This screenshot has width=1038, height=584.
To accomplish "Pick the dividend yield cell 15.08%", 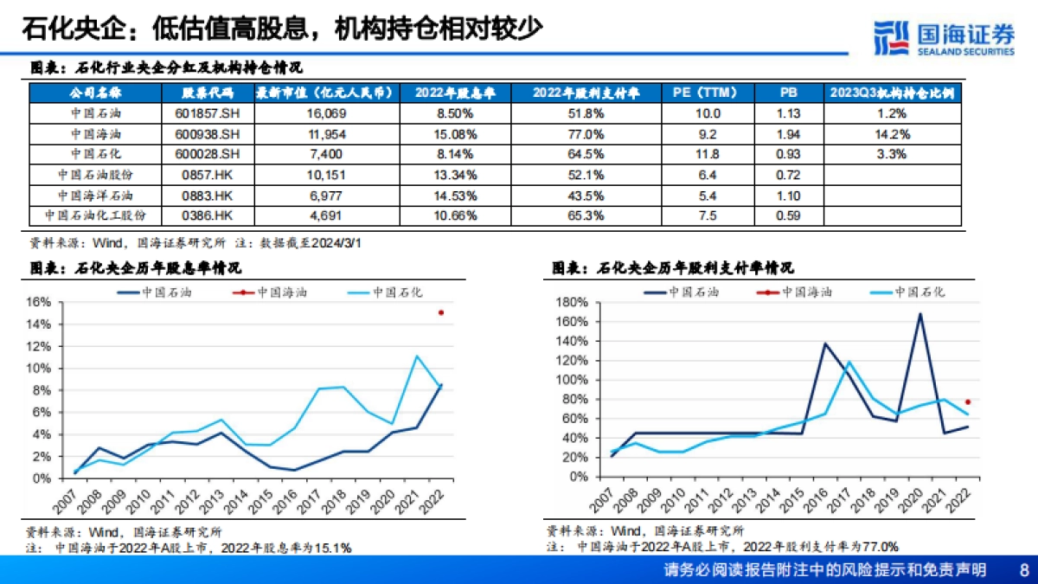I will coord(457,134).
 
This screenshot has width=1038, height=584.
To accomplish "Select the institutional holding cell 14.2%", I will coord(892,134).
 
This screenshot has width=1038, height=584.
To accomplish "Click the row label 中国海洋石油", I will coord(96,196).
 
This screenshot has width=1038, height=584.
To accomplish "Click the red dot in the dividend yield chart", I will coord(441,312).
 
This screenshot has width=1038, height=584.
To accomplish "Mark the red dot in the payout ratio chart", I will coord(968,401).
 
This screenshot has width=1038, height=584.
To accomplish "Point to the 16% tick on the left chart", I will coord(40,302).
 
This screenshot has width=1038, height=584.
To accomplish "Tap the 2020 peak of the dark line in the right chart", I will coord(919,313).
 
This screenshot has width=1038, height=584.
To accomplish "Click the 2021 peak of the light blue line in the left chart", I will coord(417,356).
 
